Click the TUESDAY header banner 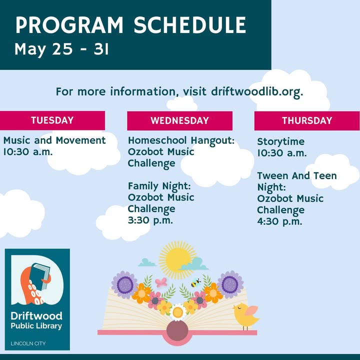click(x=52, y=120)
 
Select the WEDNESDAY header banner click(x=180, y=121)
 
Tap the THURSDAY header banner click(x=307, y=121)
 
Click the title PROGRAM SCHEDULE click(x=130, y=25)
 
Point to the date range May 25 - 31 click(x=61, y=49)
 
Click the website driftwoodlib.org click(x=257, y=91)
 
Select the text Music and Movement click(x=54, y=140)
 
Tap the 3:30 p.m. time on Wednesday click(x=150, y=220)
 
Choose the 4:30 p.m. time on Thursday click(x=279, y=221)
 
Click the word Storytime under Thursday click(x=281, y=141)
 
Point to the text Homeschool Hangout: click(x=181, y=140)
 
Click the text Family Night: click(x=159, y=186)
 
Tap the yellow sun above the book click(x=177, y=260)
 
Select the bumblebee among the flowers click(x=196, y=282)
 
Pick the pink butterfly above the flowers click(x=161, y=282)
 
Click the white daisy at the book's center click(x=177, y=312)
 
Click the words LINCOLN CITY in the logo click(x=28, y=343)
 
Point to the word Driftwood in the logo click(x=36, y=316)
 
